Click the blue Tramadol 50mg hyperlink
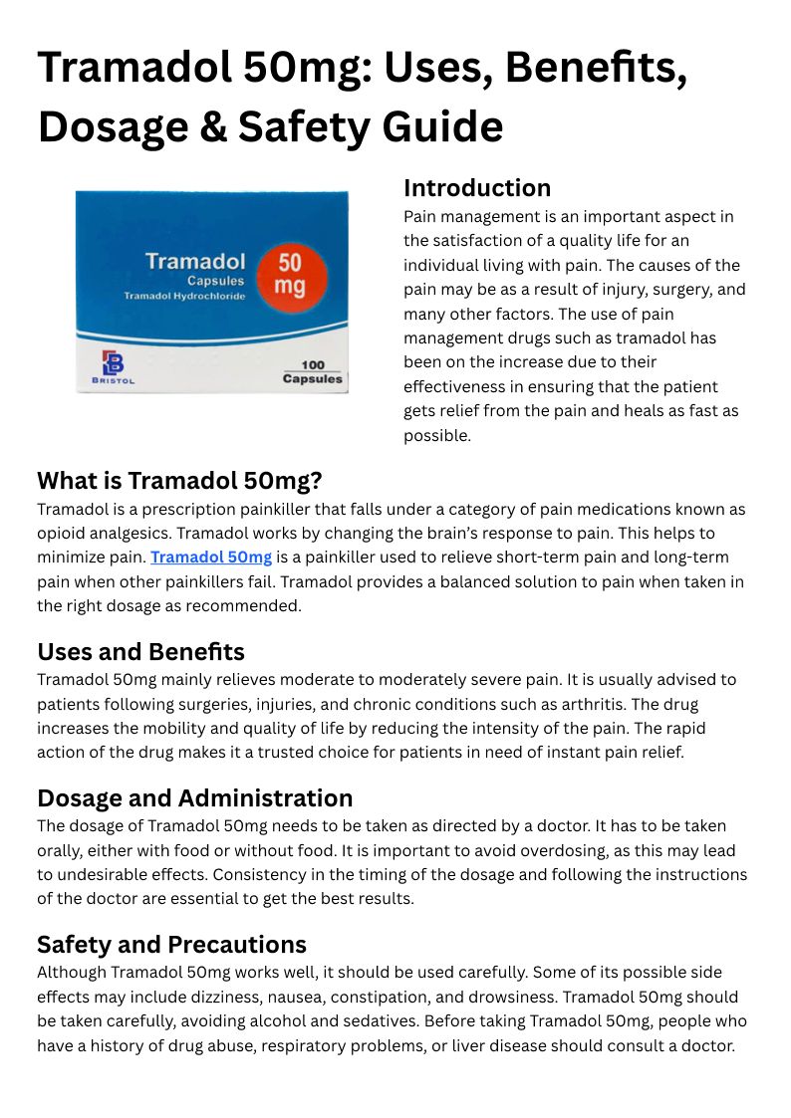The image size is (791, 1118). [211, 558]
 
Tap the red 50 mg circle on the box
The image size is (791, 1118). [290, 274]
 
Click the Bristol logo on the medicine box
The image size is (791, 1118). [113, 367]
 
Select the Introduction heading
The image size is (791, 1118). [476, 188]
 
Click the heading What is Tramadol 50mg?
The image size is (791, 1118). [179, 481]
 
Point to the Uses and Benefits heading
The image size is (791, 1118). [140, 652]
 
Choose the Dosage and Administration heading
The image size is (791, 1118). [194, 798]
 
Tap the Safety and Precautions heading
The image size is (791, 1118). [171, 944]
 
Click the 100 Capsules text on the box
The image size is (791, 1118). [312, 372]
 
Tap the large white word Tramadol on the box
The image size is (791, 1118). [195, 261]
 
